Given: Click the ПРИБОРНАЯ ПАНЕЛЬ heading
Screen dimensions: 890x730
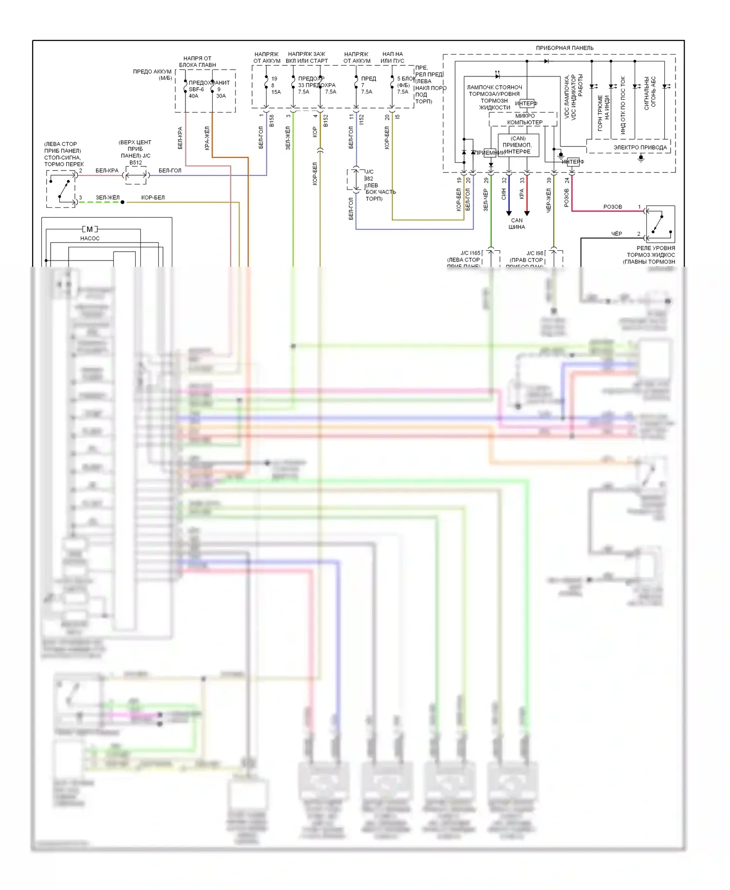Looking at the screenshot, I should click(565, 48).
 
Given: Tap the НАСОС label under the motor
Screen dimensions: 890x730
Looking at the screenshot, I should click(90, 238).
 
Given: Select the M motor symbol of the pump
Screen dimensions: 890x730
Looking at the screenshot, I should click(90, 229).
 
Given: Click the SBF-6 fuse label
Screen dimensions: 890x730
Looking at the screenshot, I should click(196, 90).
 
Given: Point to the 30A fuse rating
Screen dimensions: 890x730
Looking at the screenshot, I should click(221, 96).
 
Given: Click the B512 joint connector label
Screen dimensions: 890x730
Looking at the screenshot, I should click(136, 163).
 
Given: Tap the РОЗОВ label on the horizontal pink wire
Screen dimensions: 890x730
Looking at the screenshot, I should click(612, 207).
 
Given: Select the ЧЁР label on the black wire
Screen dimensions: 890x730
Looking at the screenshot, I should click(617, 234).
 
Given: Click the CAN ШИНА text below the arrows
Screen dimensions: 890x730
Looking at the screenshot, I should click(517, 223).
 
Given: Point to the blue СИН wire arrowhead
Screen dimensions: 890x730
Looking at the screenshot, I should click(509, 213).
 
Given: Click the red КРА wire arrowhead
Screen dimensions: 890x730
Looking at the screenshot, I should click(527, 213).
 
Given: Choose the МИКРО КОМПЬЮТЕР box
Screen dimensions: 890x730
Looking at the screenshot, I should click(525, 119).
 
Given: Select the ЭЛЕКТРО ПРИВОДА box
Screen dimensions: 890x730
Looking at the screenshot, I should click(640, 147).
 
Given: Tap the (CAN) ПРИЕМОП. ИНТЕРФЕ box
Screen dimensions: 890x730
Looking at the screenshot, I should click(518, 145).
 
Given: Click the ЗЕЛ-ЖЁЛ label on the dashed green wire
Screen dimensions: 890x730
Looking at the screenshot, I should click(108, 198).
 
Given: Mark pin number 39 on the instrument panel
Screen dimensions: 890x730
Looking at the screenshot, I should click(549, 180).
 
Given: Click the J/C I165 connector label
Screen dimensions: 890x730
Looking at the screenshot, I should click(471, 253).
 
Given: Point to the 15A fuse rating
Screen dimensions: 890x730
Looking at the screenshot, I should click(276, 92).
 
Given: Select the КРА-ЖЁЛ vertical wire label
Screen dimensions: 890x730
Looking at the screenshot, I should click(207, 138).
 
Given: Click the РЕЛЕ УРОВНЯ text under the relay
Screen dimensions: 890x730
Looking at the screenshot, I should click(656, 248).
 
